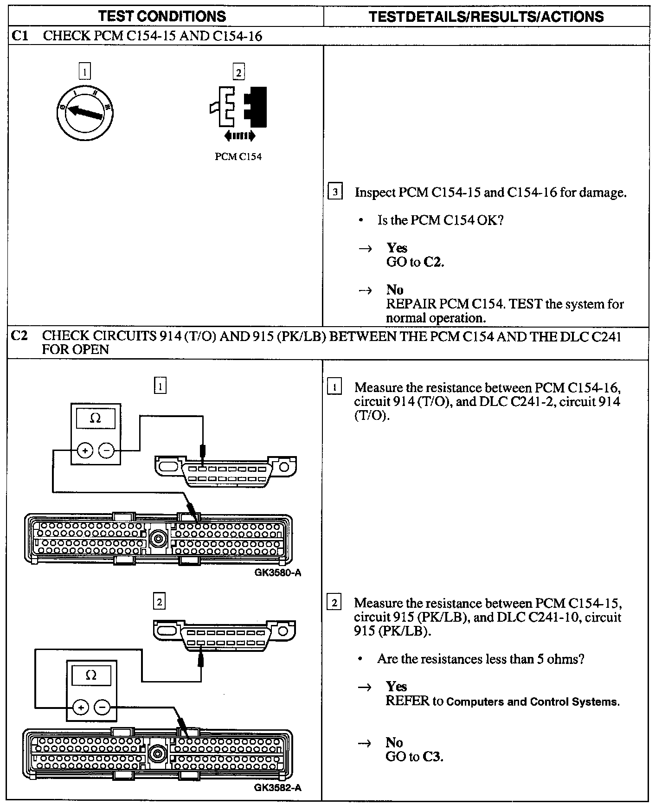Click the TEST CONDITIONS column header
(162, 17)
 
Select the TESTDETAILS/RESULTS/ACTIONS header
(486, 17)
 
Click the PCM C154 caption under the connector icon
(238, 157)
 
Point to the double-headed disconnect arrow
(239, 136)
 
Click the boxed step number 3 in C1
(335, 192)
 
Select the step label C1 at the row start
(20, 36)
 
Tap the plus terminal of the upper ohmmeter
(85, 450)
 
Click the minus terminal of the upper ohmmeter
(107, 450)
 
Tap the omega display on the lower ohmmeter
(91, 676)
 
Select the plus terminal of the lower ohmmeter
(81, 708)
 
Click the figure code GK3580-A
(277, 573)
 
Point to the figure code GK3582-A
(277, 787)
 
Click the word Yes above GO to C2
(397, 248)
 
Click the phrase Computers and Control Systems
(533, 702)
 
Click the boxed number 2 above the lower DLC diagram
(159, 602)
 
